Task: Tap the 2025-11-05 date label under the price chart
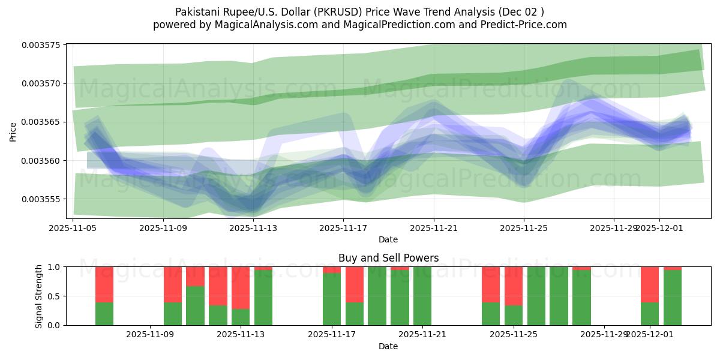pos(73,228)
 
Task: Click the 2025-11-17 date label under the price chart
pos(343,228)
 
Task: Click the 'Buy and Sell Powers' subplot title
pos(388,258)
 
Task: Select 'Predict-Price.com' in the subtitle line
pos(520,25)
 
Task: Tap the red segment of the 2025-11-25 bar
pos(514,286)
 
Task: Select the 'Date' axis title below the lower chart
pos(388,346)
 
